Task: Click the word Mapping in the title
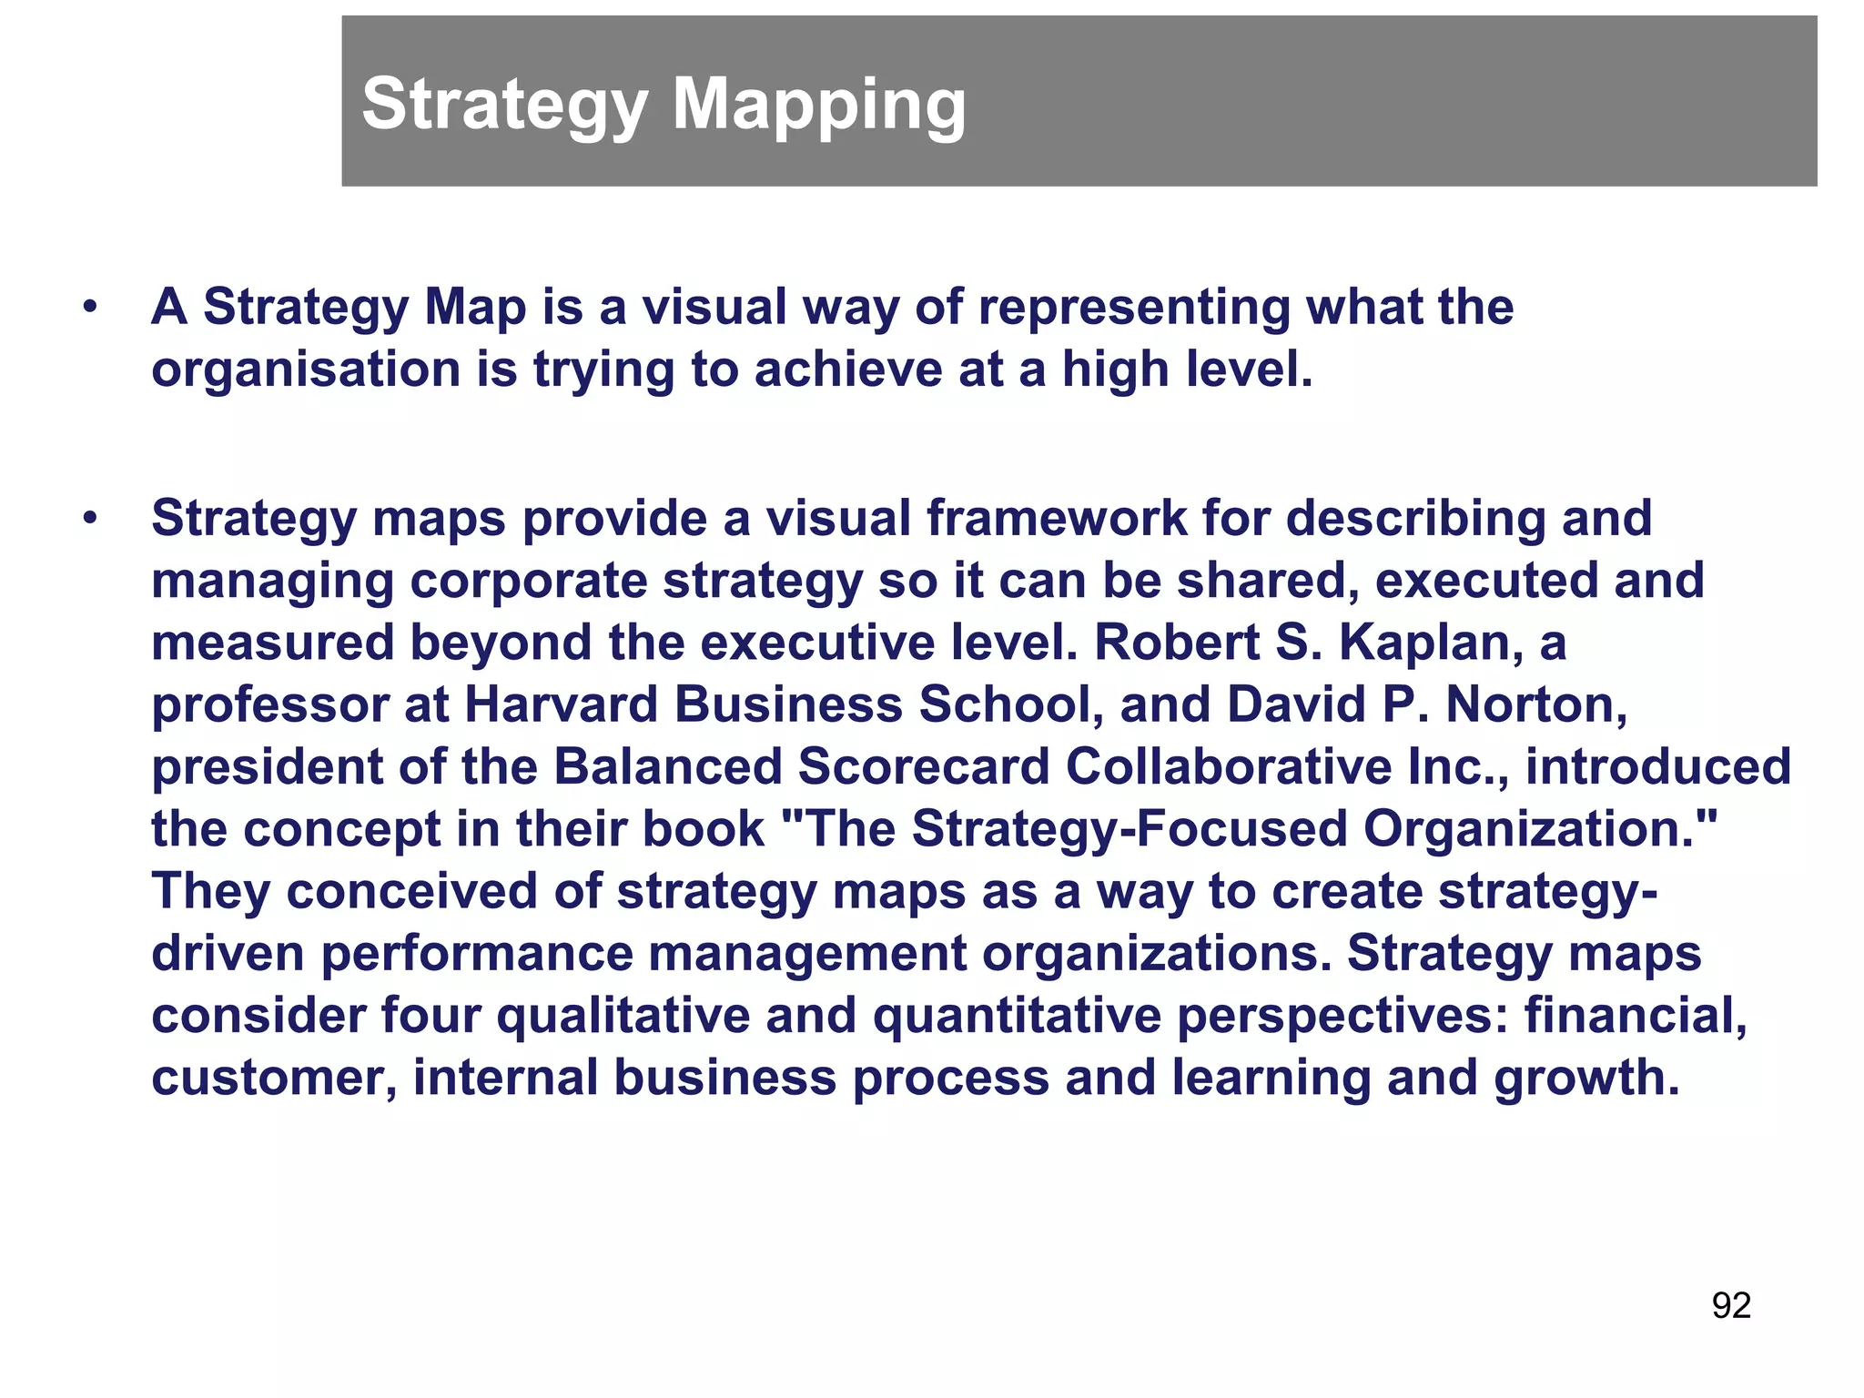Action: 818,105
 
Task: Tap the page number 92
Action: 1731,1305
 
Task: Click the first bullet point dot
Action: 88,308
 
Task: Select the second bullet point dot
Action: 88,519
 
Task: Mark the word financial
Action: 1636,1015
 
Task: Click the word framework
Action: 1057,519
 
